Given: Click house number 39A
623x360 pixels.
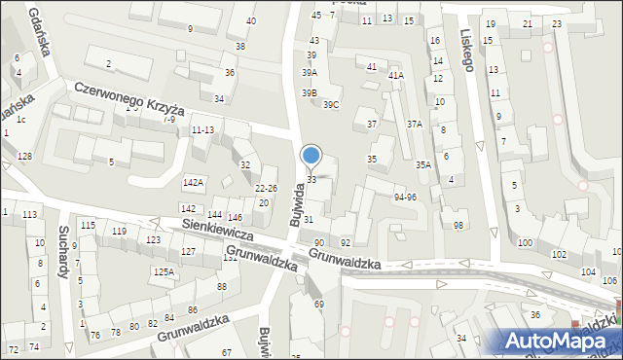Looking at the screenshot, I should click(x=310, y=73).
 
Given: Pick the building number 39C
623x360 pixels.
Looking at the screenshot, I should click(x=331, y=104).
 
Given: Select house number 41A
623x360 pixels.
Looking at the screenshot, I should click(x=395, y=75).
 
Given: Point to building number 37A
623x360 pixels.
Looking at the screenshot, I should click(x=415, y=124).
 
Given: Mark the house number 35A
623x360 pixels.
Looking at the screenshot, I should click(x=423, y=165).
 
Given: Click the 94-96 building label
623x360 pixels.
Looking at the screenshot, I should click(x=405, y=198).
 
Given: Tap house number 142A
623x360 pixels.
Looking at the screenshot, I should click(x=193, y=182).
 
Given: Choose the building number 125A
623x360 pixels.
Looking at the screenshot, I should click(x=164, y=271).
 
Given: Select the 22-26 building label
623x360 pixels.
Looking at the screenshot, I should click(x=266, y=188).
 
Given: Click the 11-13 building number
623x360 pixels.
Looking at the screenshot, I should click(x=202, y=129).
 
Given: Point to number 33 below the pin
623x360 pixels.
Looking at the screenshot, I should click(x=311, y=180).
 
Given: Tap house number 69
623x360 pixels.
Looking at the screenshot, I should click(x=318, y=305).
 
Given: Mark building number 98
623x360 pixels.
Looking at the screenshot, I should click(x=458, y=225).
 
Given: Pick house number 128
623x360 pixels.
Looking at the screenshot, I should click(x=24, y=157).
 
